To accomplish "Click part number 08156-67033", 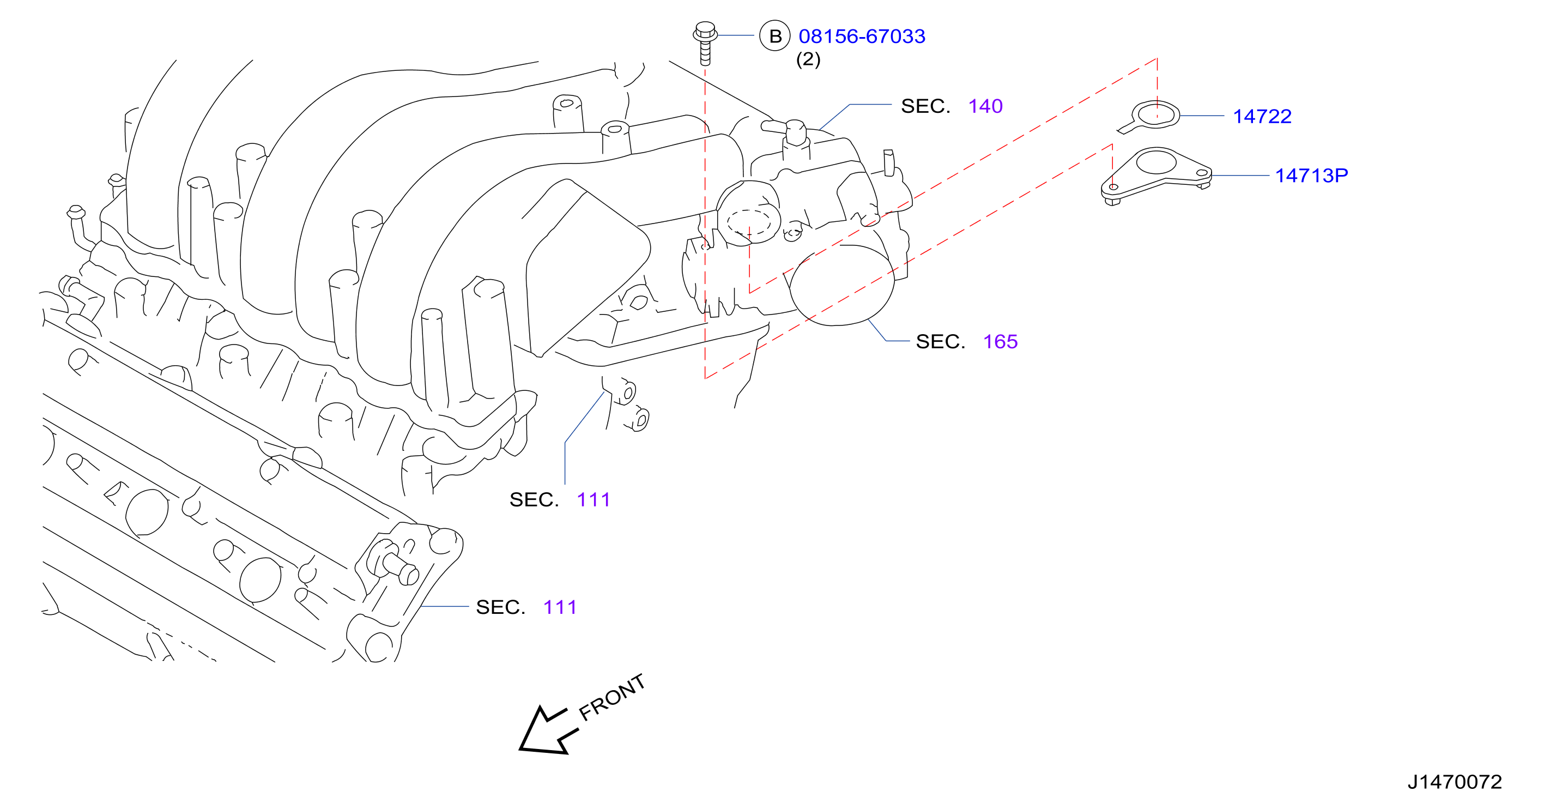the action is point(862,37).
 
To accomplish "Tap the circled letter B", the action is point(775,37).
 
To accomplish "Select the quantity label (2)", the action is point(808,59).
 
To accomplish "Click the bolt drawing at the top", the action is point(705,43).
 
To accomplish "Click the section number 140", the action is point(985,106).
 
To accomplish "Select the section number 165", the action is point(1000,341).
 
